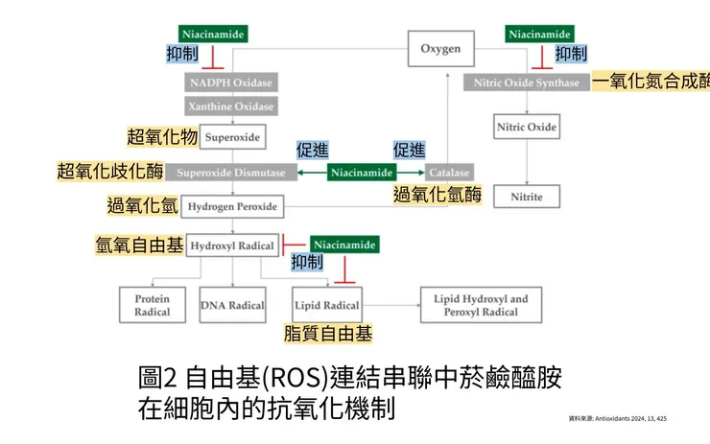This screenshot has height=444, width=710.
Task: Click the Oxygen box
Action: point(440,48)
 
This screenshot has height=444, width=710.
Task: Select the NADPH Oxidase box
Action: point(231,82)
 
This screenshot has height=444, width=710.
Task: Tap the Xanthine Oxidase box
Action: point(231,106)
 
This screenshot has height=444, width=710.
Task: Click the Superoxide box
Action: point(231,138)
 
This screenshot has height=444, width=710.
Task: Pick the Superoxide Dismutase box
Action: point(230,173)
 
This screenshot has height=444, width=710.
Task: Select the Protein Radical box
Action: point(152,306)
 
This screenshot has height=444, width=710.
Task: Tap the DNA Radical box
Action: point(232,306)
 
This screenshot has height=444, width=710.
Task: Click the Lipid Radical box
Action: point(327,306)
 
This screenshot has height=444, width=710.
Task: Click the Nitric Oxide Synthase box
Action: point(526,82)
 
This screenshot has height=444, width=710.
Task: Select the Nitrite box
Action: point(526,198)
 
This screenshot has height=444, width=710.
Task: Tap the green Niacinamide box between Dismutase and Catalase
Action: point(362,173)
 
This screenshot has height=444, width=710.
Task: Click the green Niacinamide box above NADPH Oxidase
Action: point(212,35)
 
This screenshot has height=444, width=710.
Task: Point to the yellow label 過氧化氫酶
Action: point(438,195)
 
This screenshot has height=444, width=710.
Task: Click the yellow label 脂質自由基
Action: point(328,333)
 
